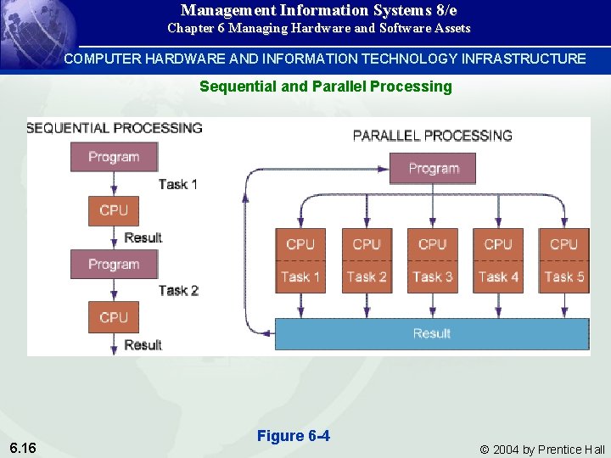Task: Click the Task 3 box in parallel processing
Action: point(432,276)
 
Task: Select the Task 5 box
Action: point(563,276)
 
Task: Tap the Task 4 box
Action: point(498,276)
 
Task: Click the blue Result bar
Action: point(432,333)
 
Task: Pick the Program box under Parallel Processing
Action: point(433,168)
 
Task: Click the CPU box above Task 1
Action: point(300,244)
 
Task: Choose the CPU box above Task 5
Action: point(563,244)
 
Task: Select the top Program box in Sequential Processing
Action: point(113,157)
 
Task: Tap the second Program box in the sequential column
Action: point(113,264)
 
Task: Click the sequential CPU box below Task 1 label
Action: point(113,210)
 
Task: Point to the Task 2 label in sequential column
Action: point(178,290)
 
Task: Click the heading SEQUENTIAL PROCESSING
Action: point(115,128)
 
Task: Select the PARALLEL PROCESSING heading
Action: point(433,135)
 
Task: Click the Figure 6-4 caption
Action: point(294,436)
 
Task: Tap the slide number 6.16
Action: point(24,447)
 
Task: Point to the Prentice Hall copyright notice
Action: point(542,450)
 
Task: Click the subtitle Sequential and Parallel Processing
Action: point(325,87)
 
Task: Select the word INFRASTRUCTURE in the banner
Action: point(524,59)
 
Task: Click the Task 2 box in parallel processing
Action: point(367,276)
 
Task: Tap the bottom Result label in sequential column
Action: point(143,344)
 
